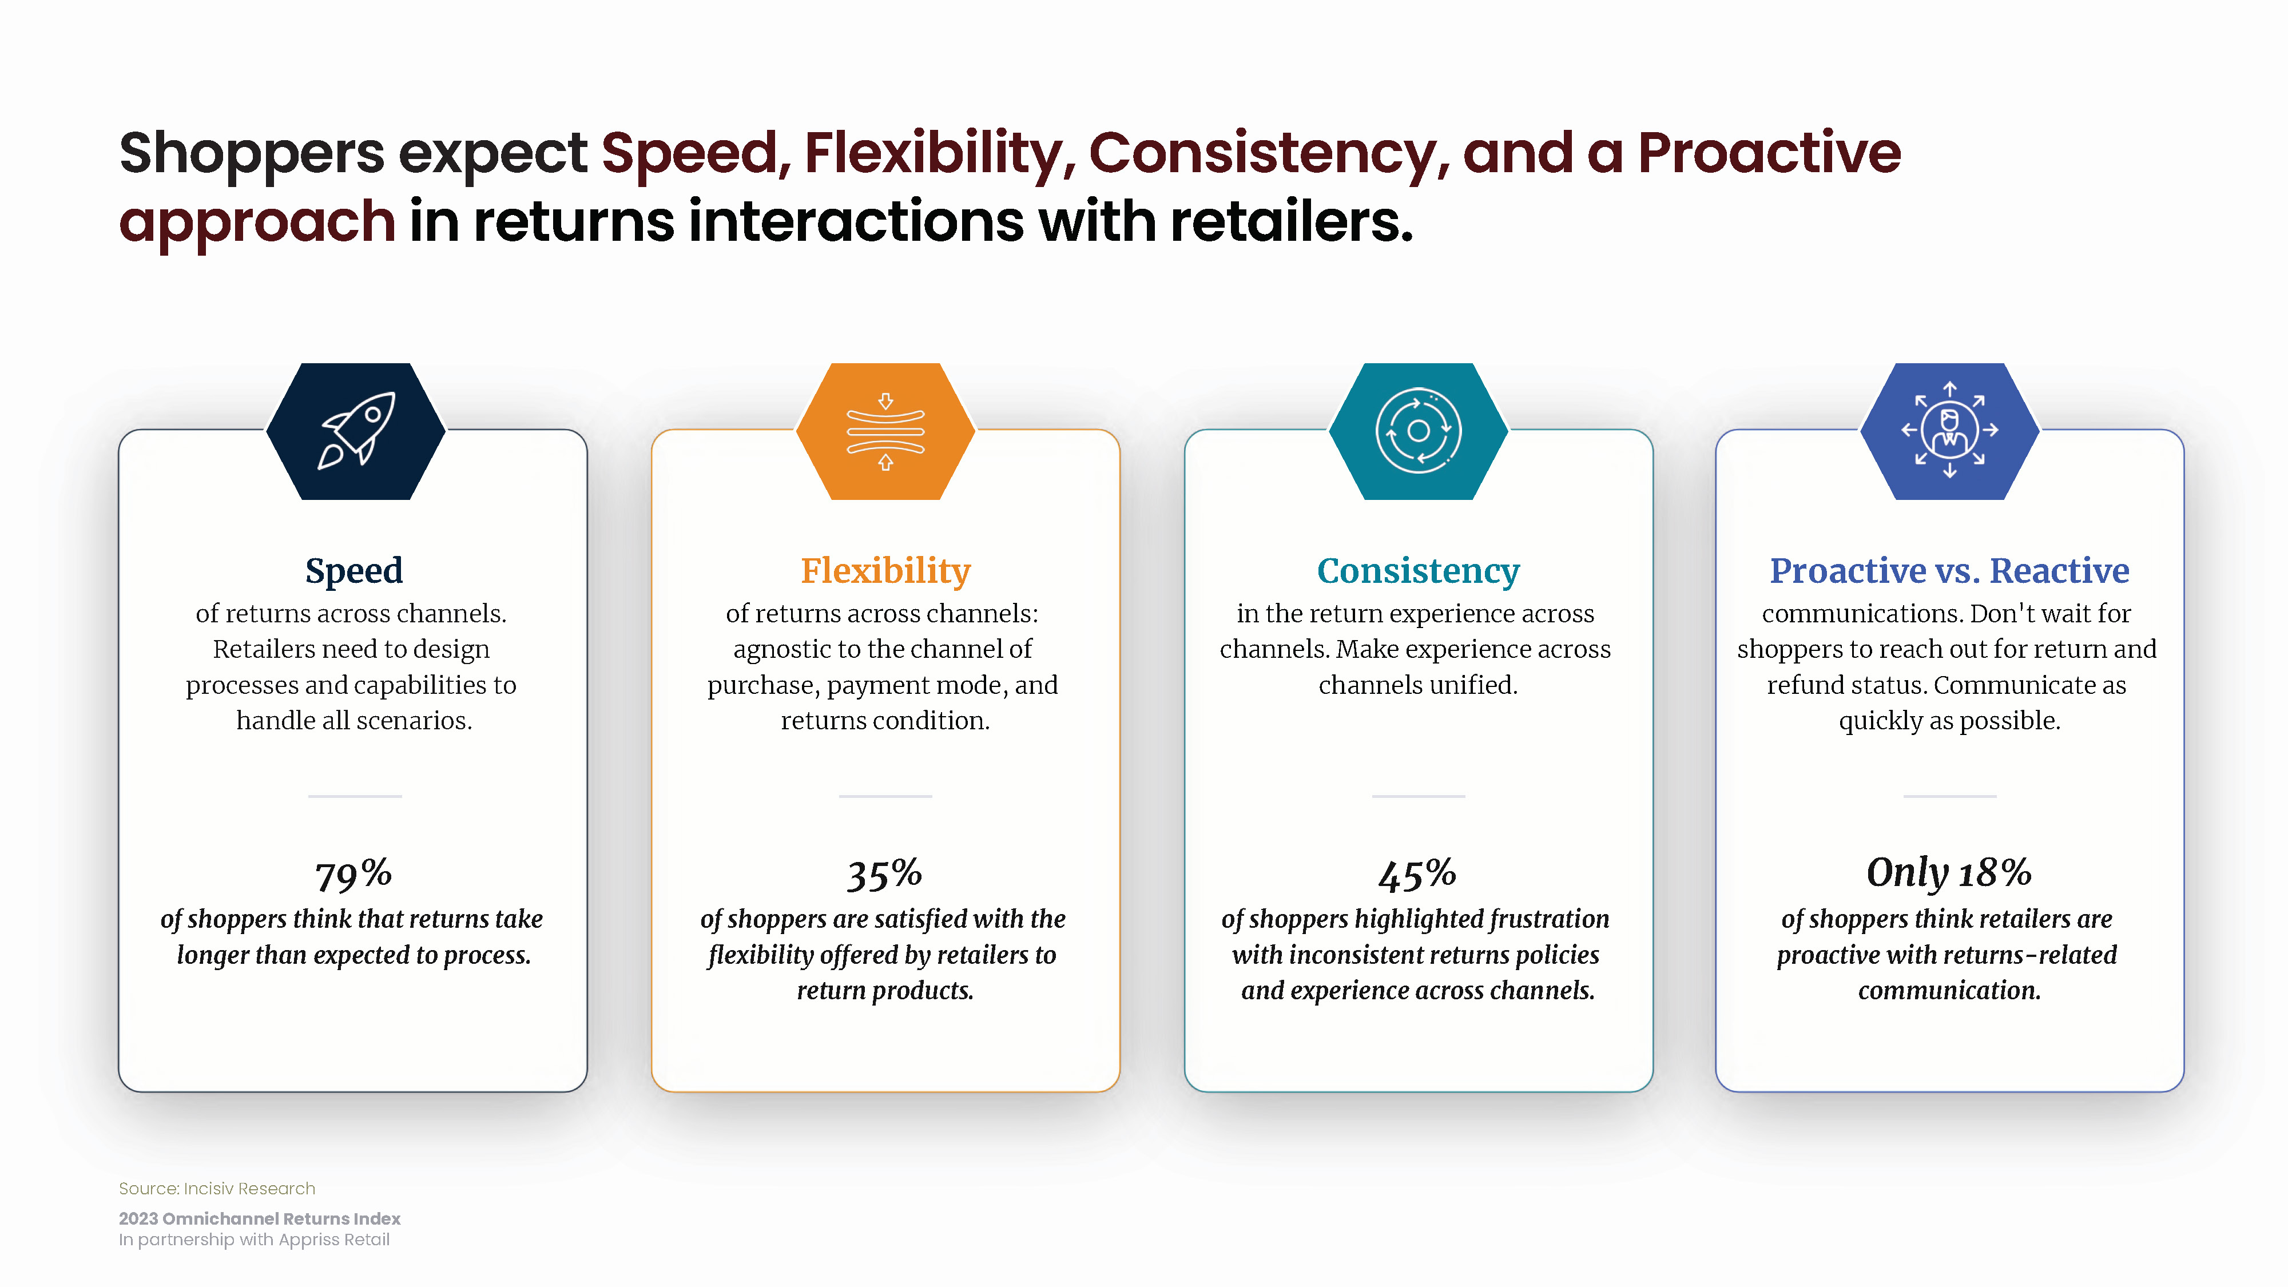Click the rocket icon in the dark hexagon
[357, 430]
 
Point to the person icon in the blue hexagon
[1949, 430]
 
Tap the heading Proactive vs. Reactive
[1949, 570]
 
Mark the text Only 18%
[1949, 873]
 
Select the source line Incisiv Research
[217, 1189]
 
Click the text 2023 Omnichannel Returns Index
[259, 1218]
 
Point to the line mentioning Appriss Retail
[254, 1240]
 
